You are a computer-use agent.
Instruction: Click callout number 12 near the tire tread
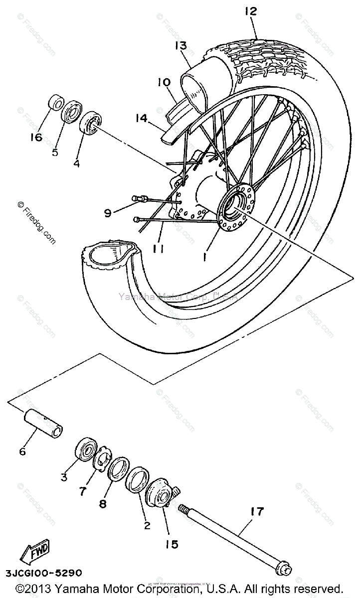(x=251, y=11)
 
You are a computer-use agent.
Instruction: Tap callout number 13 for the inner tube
(x=180, y=46)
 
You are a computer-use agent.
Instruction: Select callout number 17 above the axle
(x=257, y=512)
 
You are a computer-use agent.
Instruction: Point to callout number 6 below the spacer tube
(x=22, y=452)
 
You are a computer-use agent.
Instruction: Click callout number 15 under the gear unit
(x=172, y=544)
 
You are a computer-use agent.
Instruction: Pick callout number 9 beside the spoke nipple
(x=108, y=213)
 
